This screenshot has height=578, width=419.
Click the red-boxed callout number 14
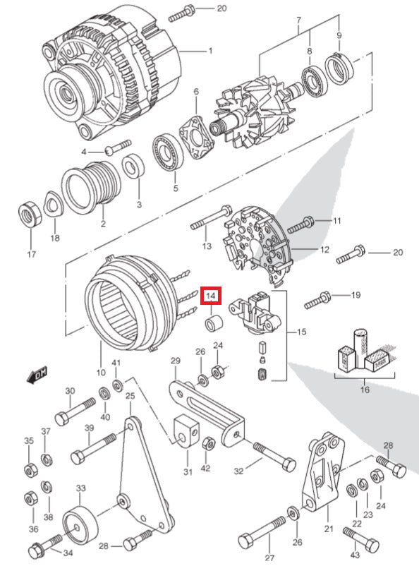[211, 296]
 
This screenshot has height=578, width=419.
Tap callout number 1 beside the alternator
[210, 51]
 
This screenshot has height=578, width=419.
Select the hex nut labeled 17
[30, 214]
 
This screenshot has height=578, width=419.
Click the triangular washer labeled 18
[54, 203]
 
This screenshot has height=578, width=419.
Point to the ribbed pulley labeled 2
[91, 188]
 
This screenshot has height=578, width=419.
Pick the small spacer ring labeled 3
[133, 167]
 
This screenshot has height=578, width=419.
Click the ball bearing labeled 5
[168, 152]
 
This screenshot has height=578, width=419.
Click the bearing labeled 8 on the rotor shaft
[315, 84]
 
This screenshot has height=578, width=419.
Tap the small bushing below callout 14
[214, 323]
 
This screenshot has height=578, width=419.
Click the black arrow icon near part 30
[37, 375]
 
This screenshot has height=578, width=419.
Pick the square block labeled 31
[186, 431]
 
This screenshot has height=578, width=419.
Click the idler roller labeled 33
[80, 524]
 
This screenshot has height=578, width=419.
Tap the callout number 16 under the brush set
[365, 390]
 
